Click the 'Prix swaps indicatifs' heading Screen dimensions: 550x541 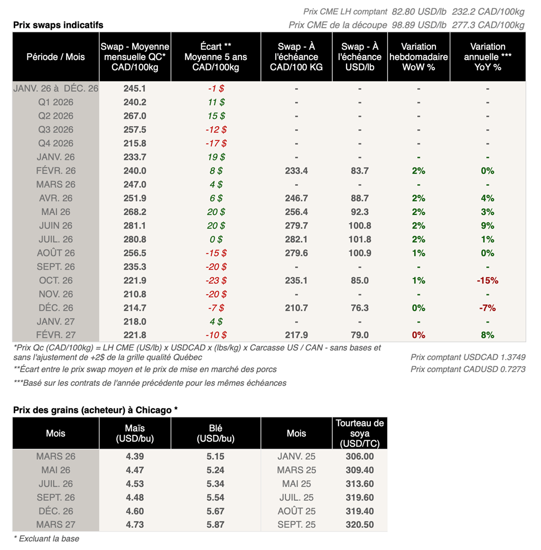click(58, 25)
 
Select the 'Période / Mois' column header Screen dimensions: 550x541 click(55, 56)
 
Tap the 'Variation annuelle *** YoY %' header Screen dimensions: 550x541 click(487, 56)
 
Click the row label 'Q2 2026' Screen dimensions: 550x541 click(55, 116)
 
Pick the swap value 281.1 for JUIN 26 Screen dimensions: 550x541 click(135, 225)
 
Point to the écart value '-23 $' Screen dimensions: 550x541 click(216, 280)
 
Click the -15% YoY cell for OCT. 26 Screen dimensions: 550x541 click(487, 280)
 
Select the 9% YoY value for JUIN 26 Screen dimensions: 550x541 click(487, 225)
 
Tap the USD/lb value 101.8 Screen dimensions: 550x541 click(359, 239)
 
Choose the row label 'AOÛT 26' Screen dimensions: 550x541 click(55, 253)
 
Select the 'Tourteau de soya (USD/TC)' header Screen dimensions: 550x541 click(359, 433)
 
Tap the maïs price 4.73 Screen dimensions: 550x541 click(135, 525)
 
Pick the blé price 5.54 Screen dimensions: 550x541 click(216, 497)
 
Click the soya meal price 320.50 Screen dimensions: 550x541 click(359, 525)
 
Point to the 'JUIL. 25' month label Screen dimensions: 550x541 click(296, 497)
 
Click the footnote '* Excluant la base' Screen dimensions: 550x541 click(46, 538)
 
